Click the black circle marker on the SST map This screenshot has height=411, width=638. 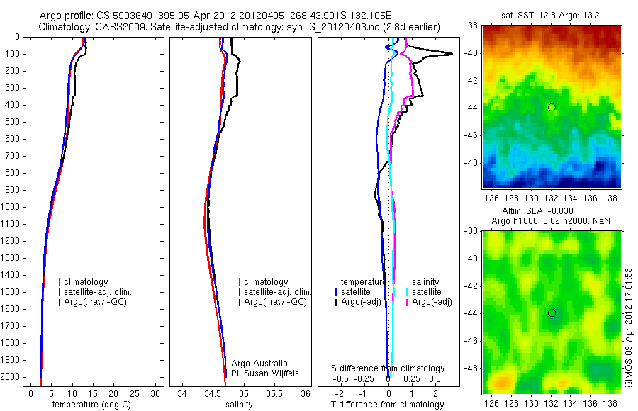click(552, 107)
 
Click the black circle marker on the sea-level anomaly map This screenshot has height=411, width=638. click(552, 313)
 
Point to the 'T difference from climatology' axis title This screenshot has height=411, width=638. click(387, 405)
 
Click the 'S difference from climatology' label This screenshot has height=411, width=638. click(388, 368)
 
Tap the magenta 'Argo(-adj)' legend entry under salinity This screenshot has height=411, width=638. click(432, 302)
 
